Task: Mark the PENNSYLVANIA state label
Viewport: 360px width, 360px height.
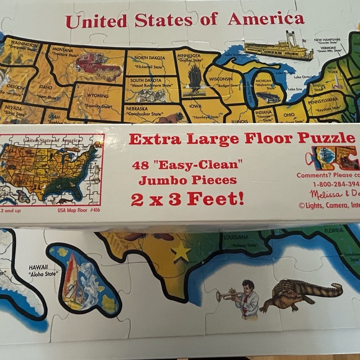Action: click(x=331, y=99)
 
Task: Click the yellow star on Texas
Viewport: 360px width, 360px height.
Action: click(x=181, y=252)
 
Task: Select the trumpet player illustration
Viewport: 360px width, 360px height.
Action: click(x=241, y=300)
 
